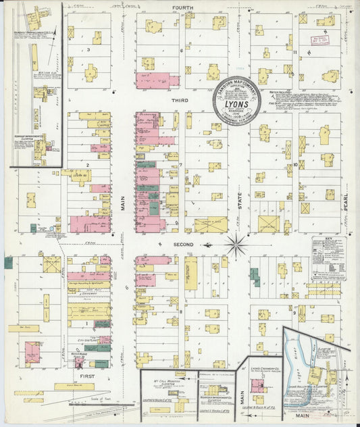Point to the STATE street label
239,203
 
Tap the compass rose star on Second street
236,245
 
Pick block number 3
88,50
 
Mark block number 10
295,164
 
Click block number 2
88,164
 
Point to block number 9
294,313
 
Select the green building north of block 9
255,277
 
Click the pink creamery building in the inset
257,386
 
